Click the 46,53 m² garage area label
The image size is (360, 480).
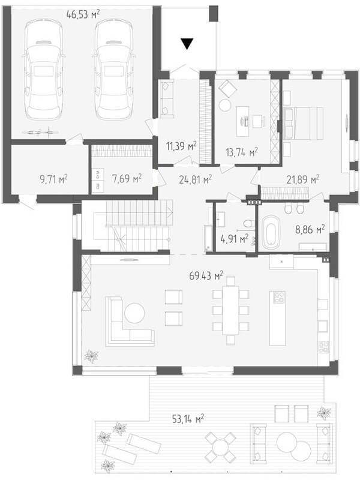click(x=83, y=14)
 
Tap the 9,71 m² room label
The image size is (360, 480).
click(x=53, y=179)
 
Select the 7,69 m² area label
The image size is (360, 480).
click(x=127, y=178)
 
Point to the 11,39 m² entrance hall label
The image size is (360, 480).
click(x=181, y=146)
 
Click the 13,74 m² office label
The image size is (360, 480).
click(x=242, y=152)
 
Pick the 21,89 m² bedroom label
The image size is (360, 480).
click(x=303, y=179)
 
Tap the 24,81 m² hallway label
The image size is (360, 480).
click(x=196, y=179)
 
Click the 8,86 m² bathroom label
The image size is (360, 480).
click(x=310, y=229)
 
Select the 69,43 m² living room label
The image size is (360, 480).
click(x=206, y=275)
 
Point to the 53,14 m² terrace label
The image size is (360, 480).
click(x=188, y=419)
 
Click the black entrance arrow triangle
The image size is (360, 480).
click(x=187, y=44)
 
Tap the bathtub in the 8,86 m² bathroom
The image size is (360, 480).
click(x=271, y=233)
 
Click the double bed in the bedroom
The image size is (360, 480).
click(x=304, y=123)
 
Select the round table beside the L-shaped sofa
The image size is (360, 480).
click(x=134, y=313)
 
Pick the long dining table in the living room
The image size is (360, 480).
click(x=230, y=310)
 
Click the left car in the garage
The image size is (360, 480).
click(x=43, y=70)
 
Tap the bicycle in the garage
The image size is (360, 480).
click(x=40, y=132)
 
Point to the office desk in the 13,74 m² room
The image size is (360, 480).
click(x=242, y=121)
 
